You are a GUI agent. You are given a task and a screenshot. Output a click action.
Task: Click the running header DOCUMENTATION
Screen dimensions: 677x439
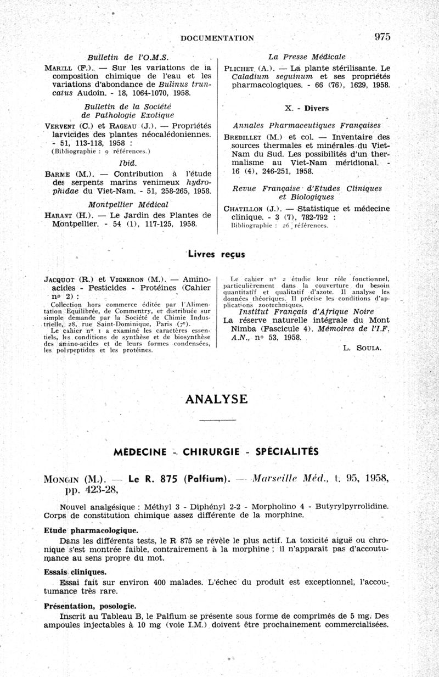point(217,38)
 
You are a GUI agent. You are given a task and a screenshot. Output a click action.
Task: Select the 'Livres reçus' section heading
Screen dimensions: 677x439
point(217,254)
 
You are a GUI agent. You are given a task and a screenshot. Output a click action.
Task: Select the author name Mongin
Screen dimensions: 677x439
point(69,478)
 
